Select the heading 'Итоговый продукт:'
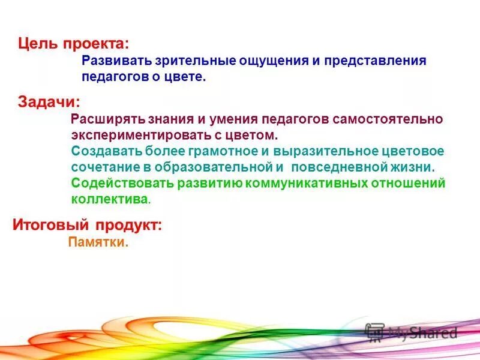tap(87, 226)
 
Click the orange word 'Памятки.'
tap(99, 243)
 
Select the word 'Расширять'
tap(102, 119)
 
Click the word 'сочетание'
tap(99, 166)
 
